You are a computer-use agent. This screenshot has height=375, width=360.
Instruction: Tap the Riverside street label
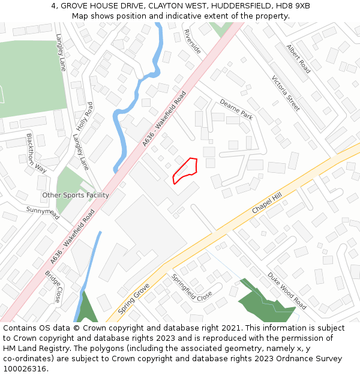point(192,41)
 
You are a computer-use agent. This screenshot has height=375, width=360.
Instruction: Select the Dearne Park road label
point(236,109)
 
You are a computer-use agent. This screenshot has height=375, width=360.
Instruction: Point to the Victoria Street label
point(285,93)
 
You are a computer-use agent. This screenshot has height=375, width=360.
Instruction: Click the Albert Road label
point(298,58)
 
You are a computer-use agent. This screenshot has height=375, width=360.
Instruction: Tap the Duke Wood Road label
point(287,290)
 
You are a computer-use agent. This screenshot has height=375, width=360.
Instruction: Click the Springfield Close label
point(192,287)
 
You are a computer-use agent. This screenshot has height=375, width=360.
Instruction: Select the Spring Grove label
point(133,299)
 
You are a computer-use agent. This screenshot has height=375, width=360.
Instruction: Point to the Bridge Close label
point(53,286)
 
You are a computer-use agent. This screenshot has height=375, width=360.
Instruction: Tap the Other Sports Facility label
point(76,195)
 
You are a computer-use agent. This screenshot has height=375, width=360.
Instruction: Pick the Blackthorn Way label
point(36,152)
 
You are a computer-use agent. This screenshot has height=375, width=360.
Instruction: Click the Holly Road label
point(85,116)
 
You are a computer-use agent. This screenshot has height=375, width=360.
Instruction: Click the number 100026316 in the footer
point(25,368)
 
